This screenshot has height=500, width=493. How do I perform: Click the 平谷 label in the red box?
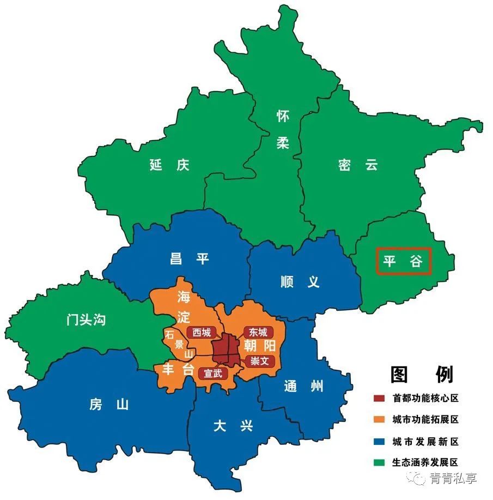[404, 262]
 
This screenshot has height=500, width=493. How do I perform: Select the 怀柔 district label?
[283, 130]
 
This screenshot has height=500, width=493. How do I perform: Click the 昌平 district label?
[189, 258]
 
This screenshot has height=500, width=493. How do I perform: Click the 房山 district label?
[108, 405]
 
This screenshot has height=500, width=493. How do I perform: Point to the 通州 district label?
[303, 387]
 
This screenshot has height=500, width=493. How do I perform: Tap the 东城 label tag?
[258, 332]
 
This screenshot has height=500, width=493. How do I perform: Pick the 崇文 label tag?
[258, 360]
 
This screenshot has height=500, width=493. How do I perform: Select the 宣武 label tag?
[213, 374]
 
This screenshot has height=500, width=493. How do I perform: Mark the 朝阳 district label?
[259, 346]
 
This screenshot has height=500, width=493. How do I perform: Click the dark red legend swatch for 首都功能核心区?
[380, 398]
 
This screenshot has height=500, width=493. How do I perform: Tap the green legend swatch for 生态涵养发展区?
[380, 462]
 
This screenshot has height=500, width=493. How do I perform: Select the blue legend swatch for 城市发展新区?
[380, 441]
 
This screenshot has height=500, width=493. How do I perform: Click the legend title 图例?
[422, 374]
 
